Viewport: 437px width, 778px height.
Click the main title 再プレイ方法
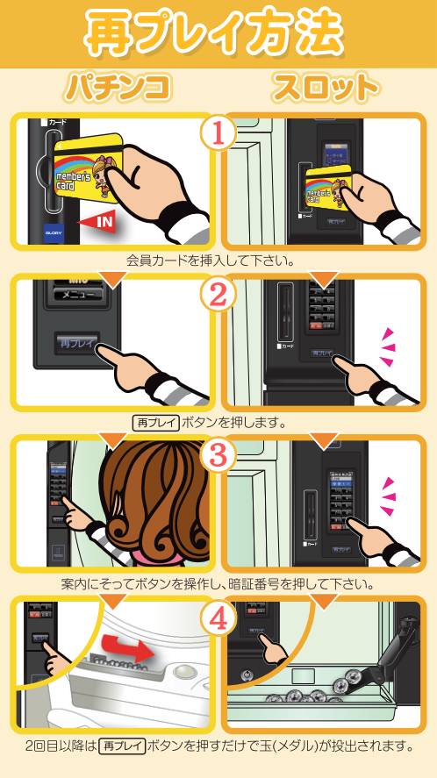click(x=218, y=33)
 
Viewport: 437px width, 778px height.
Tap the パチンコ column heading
click(x=115, y=89)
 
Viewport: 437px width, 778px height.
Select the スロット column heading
click(x=326, y=89)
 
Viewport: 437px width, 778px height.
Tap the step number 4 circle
click(x=218, y=619)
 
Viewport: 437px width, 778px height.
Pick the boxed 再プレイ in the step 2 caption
click(x=155, y=422)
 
